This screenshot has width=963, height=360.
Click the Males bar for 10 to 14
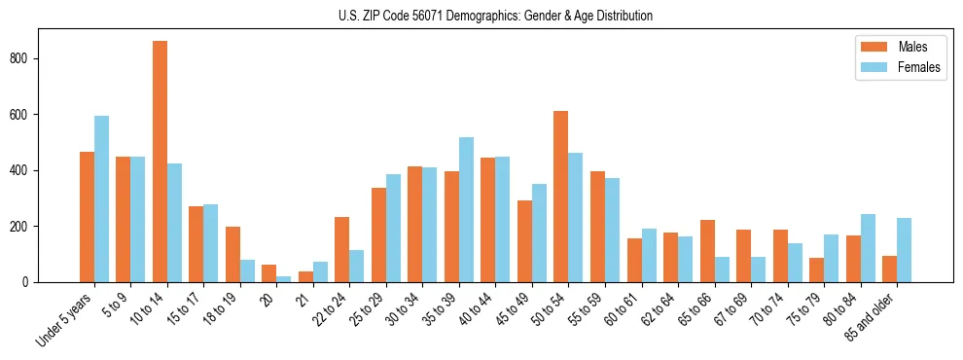click(160, 162)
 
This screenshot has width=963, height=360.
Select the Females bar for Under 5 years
click(101, 199)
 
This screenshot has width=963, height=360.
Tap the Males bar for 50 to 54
click(561, 197)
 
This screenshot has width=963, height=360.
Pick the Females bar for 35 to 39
click(466, 210)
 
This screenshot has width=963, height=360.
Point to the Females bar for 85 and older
click(904, 250)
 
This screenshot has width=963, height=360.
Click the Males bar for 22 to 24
click(342, 249)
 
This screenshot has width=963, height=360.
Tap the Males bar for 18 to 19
click(232, 254)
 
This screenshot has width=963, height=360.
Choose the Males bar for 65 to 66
click(707, 251)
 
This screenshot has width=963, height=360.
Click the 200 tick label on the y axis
click(28, 227)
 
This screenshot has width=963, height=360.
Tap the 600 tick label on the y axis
click(28, 115)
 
